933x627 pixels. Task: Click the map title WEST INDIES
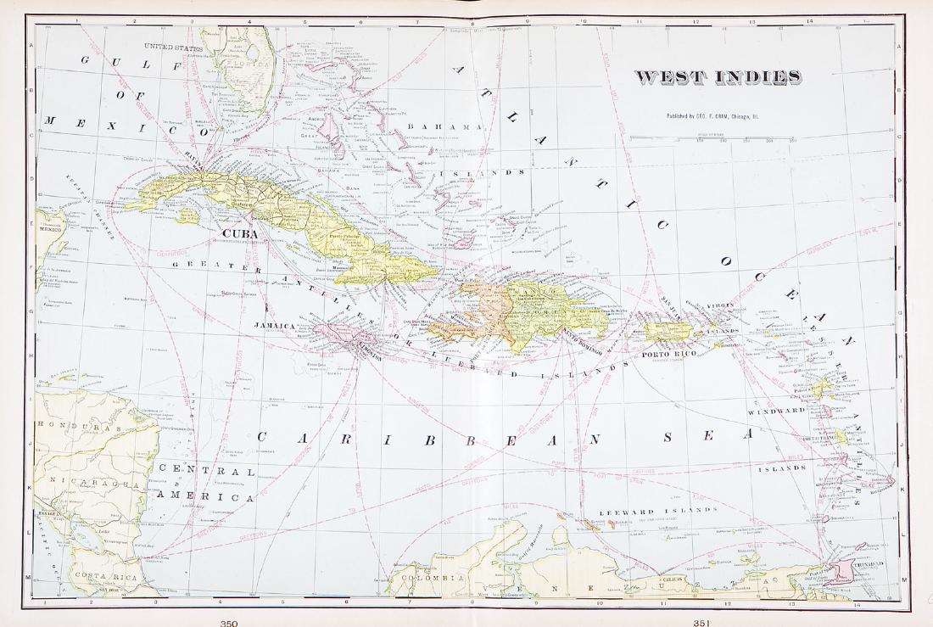[x=718, y=77]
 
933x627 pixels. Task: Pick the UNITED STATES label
[x=173, y=48]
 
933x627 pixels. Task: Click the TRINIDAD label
[x=868, y=563]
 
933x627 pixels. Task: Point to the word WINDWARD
[x=775, y=411]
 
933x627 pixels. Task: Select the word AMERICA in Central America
[x=206, y=497]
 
